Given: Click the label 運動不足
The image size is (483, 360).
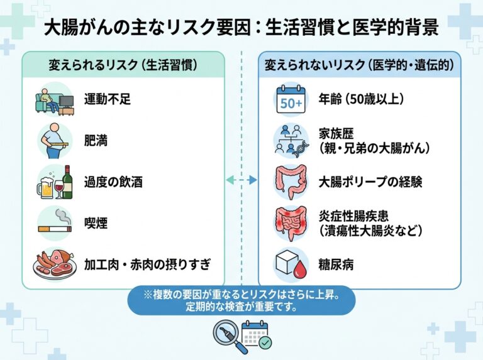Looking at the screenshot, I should point(108,99).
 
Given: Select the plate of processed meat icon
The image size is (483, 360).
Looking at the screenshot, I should point(54,264).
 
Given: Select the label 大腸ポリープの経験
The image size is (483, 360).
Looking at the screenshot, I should point(370,182).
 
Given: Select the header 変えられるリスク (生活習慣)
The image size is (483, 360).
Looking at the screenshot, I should point(123,65).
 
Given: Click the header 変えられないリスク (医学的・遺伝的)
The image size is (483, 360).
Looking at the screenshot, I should point(359,65).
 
